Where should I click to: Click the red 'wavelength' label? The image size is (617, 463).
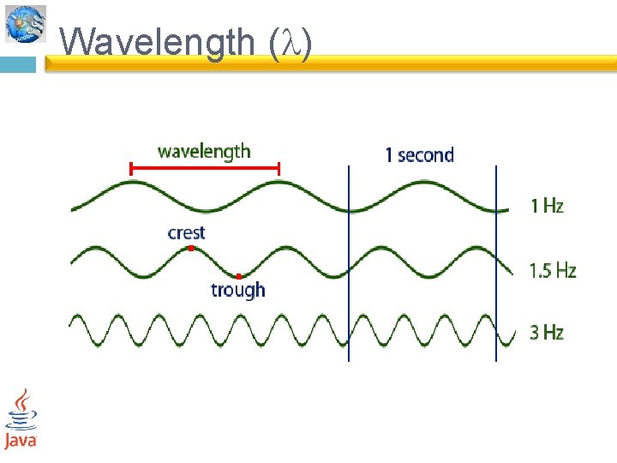point(204,152)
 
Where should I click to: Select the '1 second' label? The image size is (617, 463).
point(419,154)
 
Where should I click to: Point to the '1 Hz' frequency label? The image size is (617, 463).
point(547,206)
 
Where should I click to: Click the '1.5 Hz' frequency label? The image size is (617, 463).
point(553,271)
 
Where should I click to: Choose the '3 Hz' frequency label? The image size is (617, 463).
point(547,332)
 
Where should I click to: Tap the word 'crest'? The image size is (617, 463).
point(186,232)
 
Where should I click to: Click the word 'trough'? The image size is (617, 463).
point(238,290)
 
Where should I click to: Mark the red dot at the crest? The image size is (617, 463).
point(191,248)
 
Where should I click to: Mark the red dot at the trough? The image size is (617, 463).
point(238,276)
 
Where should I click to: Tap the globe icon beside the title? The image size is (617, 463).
point(25,23)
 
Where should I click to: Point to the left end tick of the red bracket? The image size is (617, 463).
point(130,169)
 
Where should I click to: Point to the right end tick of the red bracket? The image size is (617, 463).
point(279,169)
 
